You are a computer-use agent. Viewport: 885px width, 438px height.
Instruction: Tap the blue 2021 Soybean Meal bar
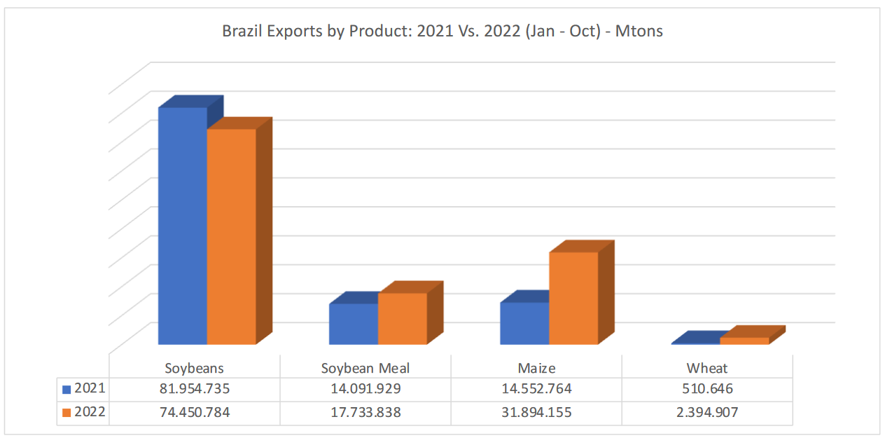[x=354, y=324]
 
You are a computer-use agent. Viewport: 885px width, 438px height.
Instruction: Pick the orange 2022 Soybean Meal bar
[x=402, y=319]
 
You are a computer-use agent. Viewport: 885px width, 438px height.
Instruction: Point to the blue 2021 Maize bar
[x=524, y=323]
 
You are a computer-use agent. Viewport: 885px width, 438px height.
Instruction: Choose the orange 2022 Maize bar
[x=573, y=298]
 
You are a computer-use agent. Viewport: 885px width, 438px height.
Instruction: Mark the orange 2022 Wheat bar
[x=744, y=341]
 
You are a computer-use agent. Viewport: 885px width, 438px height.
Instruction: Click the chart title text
[x=442, y=31]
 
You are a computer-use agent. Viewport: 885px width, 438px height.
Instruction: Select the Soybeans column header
[x=194, y=368]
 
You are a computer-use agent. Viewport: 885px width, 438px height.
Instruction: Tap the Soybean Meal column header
[x=365, y=368]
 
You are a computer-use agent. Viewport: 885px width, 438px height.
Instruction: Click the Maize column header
[x=536, y=368]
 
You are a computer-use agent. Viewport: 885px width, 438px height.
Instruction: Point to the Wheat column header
[x=707, y=368]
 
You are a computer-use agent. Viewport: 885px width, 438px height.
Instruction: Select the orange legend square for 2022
[x=67, y=413]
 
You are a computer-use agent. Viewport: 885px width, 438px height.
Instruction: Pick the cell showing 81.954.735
[x=194, y=389]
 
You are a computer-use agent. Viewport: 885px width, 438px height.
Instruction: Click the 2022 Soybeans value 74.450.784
[x=194, y=412]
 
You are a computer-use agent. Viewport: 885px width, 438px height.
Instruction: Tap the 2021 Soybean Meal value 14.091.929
[x=365, y=389]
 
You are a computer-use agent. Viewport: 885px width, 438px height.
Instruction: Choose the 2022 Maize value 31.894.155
[x=536, y=412]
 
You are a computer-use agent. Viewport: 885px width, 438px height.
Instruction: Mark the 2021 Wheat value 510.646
[x=707, y=389]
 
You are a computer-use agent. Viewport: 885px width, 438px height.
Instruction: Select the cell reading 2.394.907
[x=707, y=412]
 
